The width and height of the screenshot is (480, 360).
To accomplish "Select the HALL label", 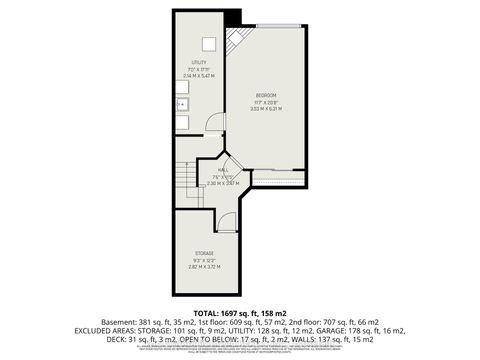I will point(223,170).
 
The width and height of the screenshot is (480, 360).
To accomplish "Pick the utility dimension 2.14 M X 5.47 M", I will point(201,76).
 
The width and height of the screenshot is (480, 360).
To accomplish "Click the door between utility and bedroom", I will point(213,125).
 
